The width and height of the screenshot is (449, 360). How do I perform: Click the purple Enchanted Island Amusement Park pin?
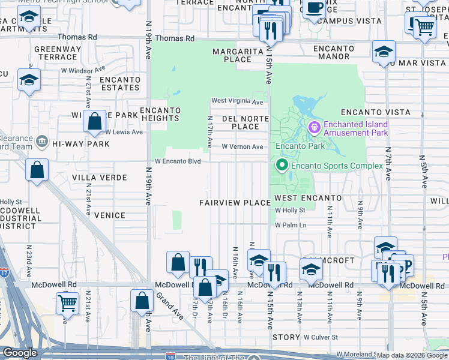pyautogui.click(x=313, y=127)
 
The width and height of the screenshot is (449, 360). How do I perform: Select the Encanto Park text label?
pyautogui.click(x=300, y=146)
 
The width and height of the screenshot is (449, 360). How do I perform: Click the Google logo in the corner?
pyautogui.click(x=20, y=353)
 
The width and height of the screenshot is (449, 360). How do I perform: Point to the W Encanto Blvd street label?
pyautogui.click(x=177, y=161)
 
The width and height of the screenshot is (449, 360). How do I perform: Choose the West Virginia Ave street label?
pyautogui.click(x=237, y=101)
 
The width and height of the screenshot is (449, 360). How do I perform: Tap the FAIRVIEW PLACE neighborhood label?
pyautogui.click(x=235, y=203)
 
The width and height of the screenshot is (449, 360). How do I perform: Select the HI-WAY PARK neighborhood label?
pyautogui.click(x=80, y=144)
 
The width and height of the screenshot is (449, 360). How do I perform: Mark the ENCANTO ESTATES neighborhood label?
pyautogui.click(x=120, y=83)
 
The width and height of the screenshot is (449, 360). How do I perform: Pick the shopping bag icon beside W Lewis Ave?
pyautogui.click(x=95, y=121)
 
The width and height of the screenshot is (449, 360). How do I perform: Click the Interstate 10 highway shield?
pyautogui.click(x=171, y=356)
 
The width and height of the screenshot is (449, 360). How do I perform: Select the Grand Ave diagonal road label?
pyautogui.click(x=170, y=305)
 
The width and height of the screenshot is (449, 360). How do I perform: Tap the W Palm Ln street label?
pyautogui.click(x=291, y=225)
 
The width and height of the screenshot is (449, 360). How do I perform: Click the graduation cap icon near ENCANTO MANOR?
pyautogui.click(x=384, y=52)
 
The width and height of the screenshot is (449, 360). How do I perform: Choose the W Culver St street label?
pyautogui.click(x=321, y=337)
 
